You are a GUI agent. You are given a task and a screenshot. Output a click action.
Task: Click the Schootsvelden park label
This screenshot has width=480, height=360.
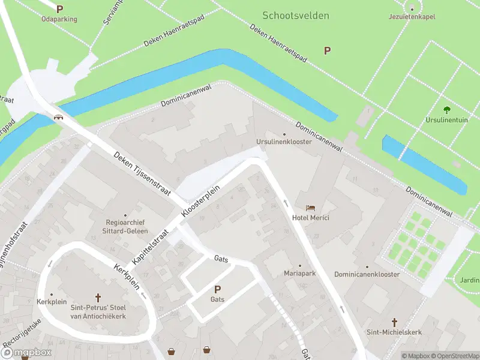point(296,16)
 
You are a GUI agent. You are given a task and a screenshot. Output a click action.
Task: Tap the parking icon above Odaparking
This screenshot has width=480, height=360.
point(59,9)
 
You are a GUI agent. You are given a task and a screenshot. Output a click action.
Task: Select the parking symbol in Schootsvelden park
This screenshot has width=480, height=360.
point(328,51)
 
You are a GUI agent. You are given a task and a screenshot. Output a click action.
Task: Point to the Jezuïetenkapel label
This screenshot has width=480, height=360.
point(412,16)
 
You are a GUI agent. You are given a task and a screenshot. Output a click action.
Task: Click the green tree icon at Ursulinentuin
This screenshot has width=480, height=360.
point(446,109)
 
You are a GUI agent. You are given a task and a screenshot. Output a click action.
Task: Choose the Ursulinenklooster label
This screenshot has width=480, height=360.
point(284,142)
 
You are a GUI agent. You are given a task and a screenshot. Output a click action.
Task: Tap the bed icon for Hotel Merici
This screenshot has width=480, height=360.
point(310,207)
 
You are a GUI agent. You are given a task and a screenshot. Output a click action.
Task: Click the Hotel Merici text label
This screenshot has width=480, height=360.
point(310,217)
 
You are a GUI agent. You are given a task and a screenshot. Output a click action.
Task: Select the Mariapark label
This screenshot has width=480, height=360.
point(300,274)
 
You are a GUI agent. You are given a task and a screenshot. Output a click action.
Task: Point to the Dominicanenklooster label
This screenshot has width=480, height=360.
point(367,274)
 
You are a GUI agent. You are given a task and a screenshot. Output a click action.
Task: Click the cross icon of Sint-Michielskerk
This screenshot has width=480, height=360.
point(394,322)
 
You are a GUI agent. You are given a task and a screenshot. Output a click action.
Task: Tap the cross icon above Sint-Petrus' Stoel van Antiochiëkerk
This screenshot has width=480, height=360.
point(98,297)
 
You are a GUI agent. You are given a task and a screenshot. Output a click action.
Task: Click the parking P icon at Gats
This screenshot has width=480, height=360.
point(217,289)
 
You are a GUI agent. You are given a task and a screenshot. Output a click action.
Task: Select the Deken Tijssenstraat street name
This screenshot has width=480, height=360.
point(143,174)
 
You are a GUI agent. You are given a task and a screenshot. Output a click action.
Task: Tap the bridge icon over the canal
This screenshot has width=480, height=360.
point(59,117)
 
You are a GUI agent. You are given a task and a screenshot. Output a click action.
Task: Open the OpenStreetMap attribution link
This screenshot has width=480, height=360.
point(454,356)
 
